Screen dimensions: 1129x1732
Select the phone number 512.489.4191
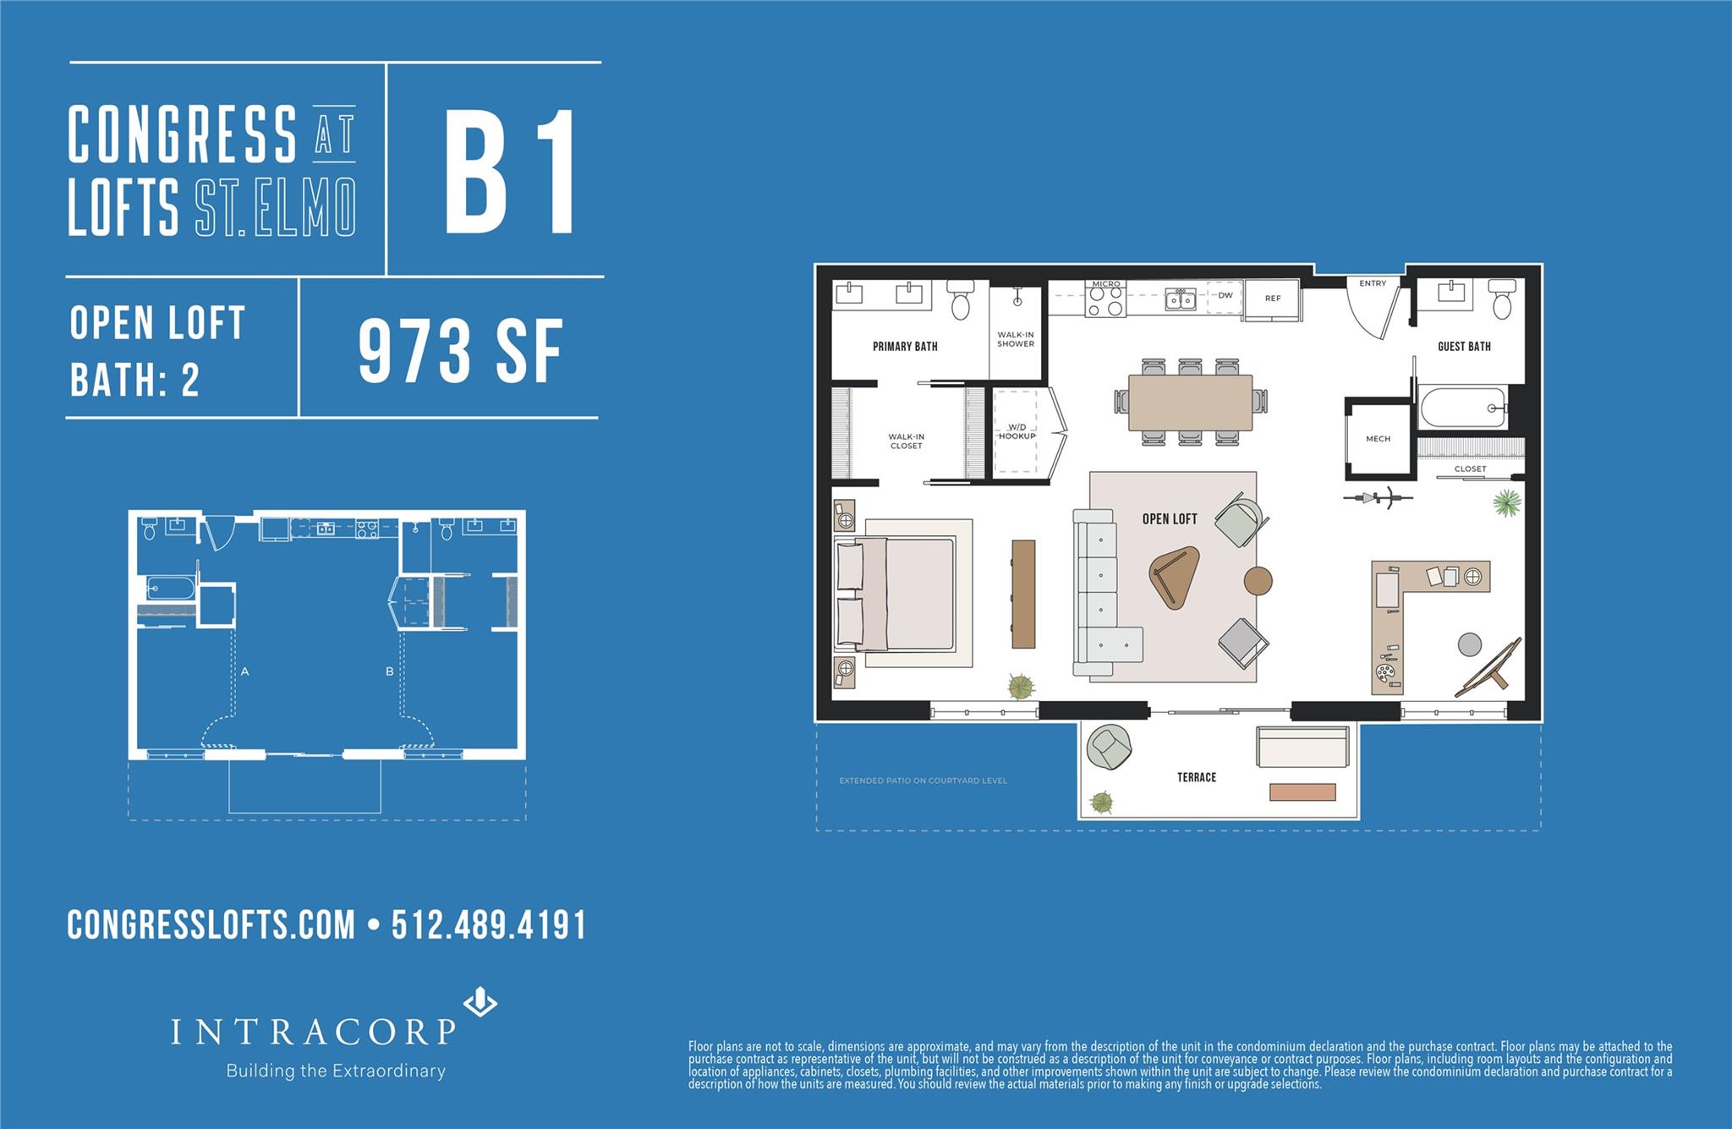point(488,925)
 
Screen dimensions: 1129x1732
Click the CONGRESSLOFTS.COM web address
point(211,925)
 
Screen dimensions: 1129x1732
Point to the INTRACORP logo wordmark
point(314,1032)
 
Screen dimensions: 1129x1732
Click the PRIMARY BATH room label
point(905,346)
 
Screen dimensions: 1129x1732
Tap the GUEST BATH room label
point(1464,346)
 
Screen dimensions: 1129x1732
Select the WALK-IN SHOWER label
point(1016,339)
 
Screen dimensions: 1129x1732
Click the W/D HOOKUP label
point(1017,431)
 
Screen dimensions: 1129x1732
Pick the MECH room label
point(1378,439)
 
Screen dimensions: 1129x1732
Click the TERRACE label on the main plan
point(1197,777)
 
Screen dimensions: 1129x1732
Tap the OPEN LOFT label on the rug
point(1170,518)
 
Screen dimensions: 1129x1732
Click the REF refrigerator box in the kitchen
point(1273,299)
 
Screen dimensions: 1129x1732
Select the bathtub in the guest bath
point(1463,408)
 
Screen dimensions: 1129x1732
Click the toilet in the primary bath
point(961,301)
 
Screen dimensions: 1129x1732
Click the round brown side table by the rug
point(1258,580)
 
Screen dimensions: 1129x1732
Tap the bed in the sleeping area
point(896,594)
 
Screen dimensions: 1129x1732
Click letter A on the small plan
point(244,671)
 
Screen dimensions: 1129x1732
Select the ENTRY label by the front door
point(1373,283)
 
